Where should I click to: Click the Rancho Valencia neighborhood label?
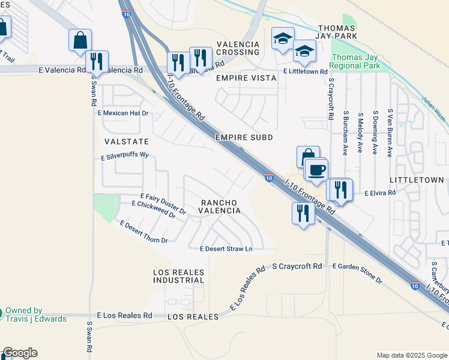pos(220,206)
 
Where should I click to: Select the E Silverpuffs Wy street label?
pos(124,155)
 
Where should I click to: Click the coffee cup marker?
pos(316,170)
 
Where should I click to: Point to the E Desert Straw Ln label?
pos(226,248)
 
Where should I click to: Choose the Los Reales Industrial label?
pos(179,277)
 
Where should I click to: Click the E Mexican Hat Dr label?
pos(122,113)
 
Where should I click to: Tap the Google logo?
pos(20,353)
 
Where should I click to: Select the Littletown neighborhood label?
pos(417,180)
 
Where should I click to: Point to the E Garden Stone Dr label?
pos(357,273)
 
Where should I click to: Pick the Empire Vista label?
pos(246,78)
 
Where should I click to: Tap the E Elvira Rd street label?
pos(381,193)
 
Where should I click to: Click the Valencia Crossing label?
pos(238,49)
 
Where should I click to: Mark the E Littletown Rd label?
pos(308,71)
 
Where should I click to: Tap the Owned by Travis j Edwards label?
pos(35,314)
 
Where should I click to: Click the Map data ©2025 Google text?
pos(412,355)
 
